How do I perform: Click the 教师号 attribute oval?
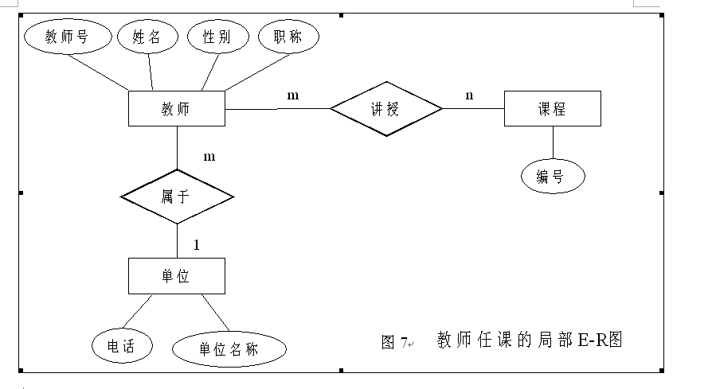66,37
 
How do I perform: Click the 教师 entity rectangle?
176,108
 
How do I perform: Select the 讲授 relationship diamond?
385,108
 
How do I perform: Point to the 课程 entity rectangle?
552,108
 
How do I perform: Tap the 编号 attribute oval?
553,177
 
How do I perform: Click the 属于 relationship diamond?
176,196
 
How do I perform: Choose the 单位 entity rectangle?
176,275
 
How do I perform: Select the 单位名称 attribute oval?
229,348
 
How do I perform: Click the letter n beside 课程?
469,95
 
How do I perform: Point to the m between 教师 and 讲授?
293,95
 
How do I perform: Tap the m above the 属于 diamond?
209,156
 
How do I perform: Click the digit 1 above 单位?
196,244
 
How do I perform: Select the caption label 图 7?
395,342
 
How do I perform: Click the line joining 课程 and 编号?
552,142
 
